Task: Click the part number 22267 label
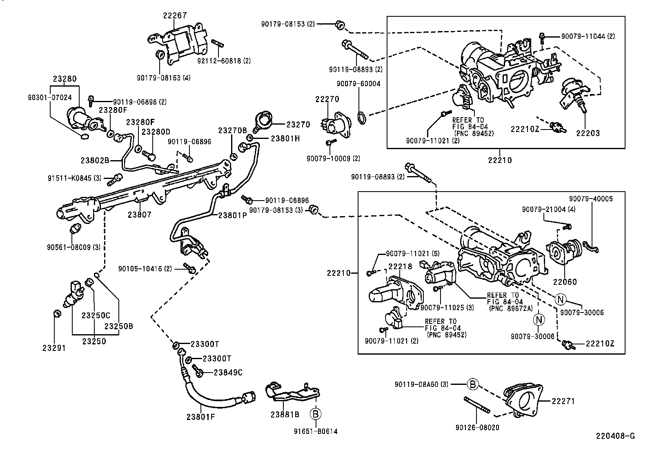point(175,16)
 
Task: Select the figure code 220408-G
point(615,436)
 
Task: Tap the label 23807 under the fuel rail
point(139,214)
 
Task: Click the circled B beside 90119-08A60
point(472,384)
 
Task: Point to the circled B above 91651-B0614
point(315,414)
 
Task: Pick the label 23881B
point(285,414)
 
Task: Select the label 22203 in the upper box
point(588,133)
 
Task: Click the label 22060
point(565,282)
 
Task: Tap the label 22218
point(400,266)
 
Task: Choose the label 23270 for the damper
point(298,125)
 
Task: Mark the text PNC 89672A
point(507,308)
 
